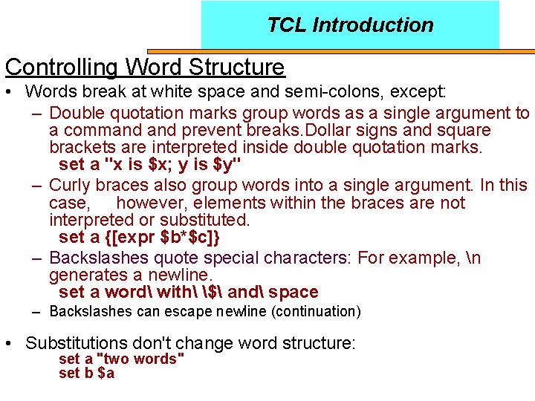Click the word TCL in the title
pyautogui.click(x=287, y=25)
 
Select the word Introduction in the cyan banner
pyautogui.click(x=373, y=25)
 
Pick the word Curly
pyautogui.click(x=70, y=185)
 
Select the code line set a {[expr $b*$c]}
pyautogui.click(x=140, y=237)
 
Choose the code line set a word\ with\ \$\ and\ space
pyautogui.click(x=188, y=292)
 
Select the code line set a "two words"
pyautogui.click(x=122, y=359)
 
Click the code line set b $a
pyautogui.click(x=87, y=373)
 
